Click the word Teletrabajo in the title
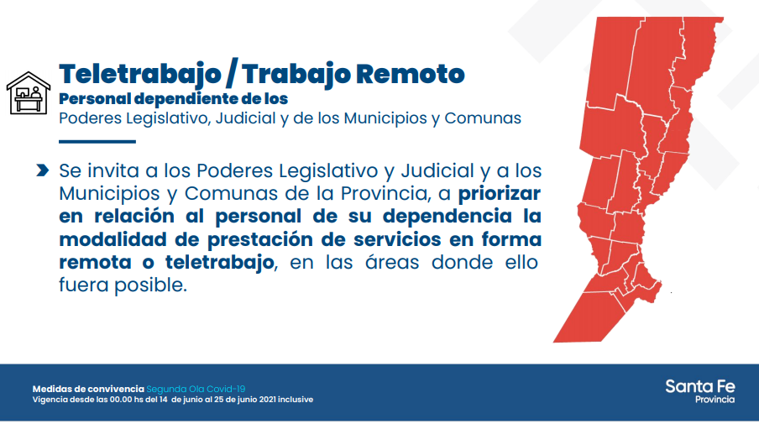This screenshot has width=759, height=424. coord(140,75)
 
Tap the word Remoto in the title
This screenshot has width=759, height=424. coord(410,74)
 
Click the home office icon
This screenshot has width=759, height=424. coord(28,93)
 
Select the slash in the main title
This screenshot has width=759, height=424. coord(232,75)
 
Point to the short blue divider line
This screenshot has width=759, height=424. coord(97,142)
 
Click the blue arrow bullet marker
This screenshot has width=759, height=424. coord(43,170)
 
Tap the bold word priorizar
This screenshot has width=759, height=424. coord(500,194)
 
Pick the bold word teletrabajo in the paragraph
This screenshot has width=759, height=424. coord(220,263)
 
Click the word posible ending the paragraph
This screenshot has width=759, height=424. coord(150,285)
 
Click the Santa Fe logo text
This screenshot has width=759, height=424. coord(700,386)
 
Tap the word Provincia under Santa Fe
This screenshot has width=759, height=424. coord(715,400)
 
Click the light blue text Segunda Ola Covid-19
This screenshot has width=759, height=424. coord(196,389)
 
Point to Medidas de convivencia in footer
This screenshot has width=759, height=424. coord(88,389)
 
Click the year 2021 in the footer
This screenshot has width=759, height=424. coord(268,400)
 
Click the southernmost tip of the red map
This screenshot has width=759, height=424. coord(553,343)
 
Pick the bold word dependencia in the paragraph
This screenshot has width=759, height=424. coord(447,217)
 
